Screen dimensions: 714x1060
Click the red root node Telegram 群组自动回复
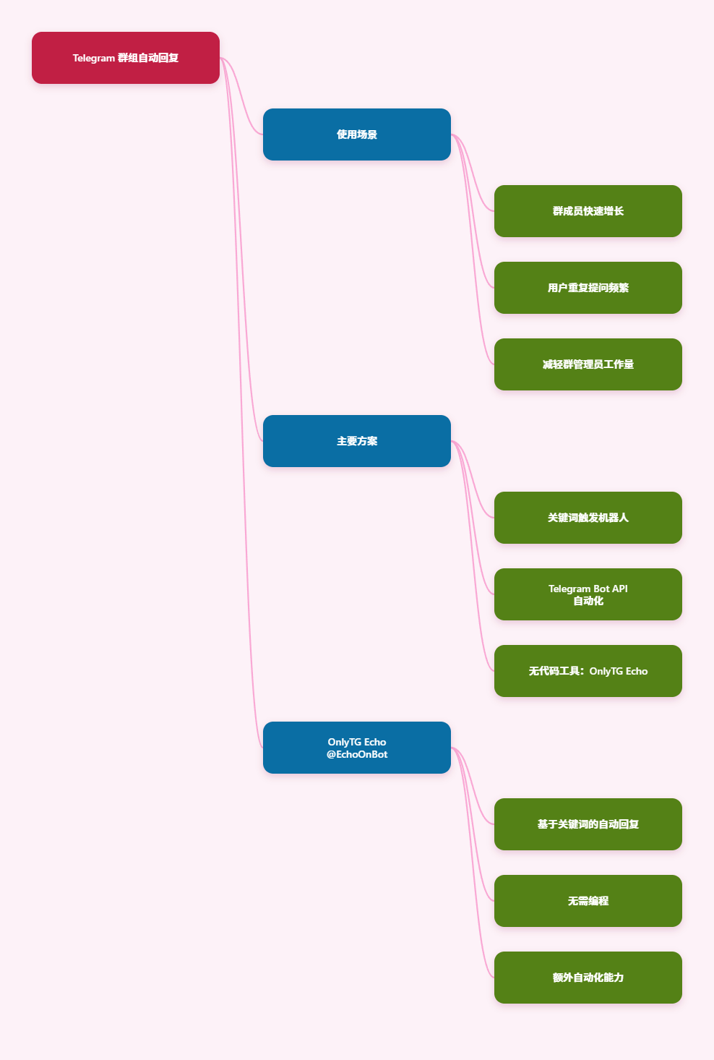click(125, 58)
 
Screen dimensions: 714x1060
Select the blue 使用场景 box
click(356, 134)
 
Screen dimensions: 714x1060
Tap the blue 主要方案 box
click(356, 441)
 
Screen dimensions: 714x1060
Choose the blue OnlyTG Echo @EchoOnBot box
click(356, 748)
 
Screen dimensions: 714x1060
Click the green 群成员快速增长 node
click(588, 211)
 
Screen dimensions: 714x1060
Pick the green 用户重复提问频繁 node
click(588, 288)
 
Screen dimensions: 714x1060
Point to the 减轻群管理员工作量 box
click(588, 364)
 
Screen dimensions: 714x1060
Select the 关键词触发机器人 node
click(588, 518)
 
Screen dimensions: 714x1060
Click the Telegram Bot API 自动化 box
click(588, 594)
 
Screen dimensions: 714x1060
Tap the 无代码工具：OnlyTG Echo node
click(588, 671)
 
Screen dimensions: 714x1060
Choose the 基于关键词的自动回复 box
click(588, 824)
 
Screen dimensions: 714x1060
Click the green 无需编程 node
click(588, 901)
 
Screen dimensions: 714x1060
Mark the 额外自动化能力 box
click(588, 978)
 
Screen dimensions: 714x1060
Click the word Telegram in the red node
click(94, 58)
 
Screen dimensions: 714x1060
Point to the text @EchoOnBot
click(356, 754)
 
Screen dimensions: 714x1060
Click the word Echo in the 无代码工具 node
click(637, 671)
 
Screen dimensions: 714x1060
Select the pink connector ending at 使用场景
click(241, 96)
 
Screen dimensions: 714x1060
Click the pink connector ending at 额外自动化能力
click(473, 863)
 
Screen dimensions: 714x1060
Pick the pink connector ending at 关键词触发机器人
click(473, 479)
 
